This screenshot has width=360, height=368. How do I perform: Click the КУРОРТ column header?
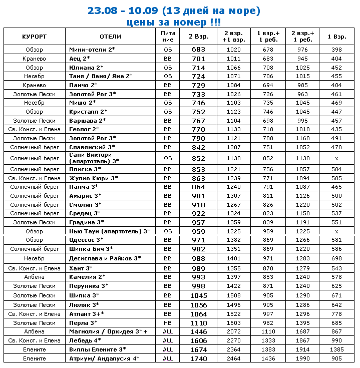[34, 37]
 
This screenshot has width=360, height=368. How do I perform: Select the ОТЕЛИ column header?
[110, 37]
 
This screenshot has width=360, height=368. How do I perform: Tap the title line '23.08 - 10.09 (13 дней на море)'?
[174, 11]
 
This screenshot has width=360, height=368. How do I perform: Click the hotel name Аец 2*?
[79, 59]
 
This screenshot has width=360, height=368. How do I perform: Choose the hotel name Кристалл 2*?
[88, 112]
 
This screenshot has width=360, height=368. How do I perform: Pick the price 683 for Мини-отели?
[198, 50]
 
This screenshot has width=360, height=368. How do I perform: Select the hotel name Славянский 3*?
[92, 147]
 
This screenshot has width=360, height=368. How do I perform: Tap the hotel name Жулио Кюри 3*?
[93, 178]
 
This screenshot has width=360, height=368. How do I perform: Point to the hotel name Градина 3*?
[86, 222]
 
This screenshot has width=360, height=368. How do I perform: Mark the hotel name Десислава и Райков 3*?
[105, 258]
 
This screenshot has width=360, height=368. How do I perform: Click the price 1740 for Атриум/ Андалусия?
[198, 358]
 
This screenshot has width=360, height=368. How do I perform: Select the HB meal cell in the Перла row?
[168, 323]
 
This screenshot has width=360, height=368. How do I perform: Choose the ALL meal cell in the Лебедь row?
[168, 340]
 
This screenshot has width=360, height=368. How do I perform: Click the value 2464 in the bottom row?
[234, 358]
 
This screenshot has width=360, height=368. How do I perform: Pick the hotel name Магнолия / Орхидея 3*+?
[108, 331]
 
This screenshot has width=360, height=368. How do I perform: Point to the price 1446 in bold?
[198, 331]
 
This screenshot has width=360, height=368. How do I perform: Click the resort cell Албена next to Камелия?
[34, 277]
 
